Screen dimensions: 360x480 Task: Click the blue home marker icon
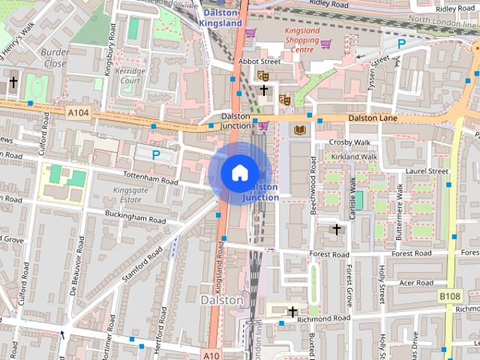click(x=238, y=172)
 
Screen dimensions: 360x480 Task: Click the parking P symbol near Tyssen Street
click(x=401, y=44)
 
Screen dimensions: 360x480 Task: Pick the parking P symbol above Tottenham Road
click(x=156, y=155)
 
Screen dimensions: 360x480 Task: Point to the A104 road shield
click(x=77, y=112)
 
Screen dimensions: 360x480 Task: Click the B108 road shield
click(x=450, y=297)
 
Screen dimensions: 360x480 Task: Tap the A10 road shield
click(x=211, y=355)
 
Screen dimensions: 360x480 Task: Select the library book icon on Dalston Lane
click(x=298, y=130)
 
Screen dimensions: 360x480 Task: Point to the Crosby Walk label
click(x=351, y=142)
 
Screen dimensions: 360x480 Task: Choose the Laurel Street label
click(x=425, y=171)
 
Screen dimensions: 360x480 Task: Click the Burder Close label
click(x=54, y=58)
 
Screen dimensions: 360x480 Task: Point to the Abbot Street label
click(x=259, y=61)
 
